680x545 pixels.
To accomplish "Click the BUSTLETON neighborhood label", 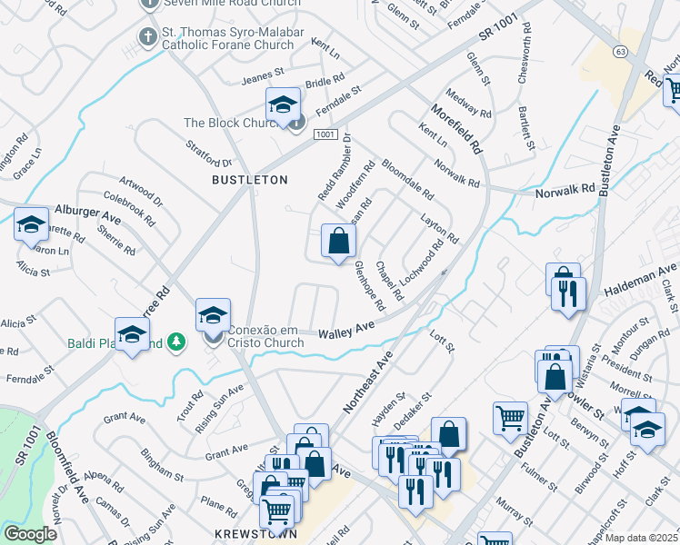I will (x=249, y=180).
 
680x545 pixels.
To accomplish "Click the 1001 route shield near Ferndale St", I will (x=326, y=134).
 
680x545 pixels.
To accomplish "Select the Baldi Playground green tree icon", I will (x=179, y=342).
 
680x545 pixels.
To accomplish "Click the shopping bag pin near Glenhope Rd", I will (x=338, y=243).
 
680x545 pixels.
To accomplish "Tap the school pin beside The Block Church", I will (x=283, y=106).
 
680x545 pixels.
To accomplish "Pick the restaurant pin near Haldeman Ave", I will (x=569, y=294).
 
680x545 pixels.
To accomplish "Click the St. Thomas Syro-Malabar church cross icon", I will (x=145, y=37).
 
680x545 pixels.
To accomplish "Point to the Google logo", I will (x=29, y=533).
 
